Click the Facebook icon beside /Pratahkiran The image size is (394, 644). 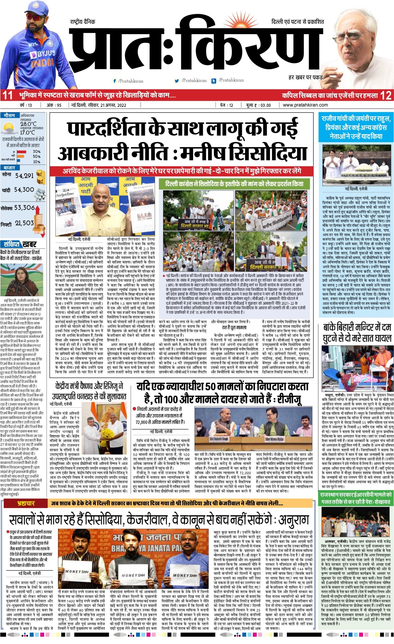(x=114, y=81)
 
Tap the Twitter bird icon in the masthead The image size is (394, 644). (x=177, y=81)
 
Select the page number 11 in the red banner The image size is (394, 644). (x=7, y=95)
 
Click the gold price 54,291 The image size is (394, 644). (x=24, y=175)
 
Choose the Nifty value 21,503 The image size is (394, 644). (x=24, y=223)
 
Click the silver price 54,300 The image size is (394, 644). (x=24, y=189)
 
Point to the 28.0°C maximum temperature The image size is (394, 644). (x=28, y=124)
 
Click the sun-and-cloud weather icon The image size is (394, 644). (x=9, y=128)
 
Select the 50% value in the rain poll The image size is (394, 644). (x=36, y=156)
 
